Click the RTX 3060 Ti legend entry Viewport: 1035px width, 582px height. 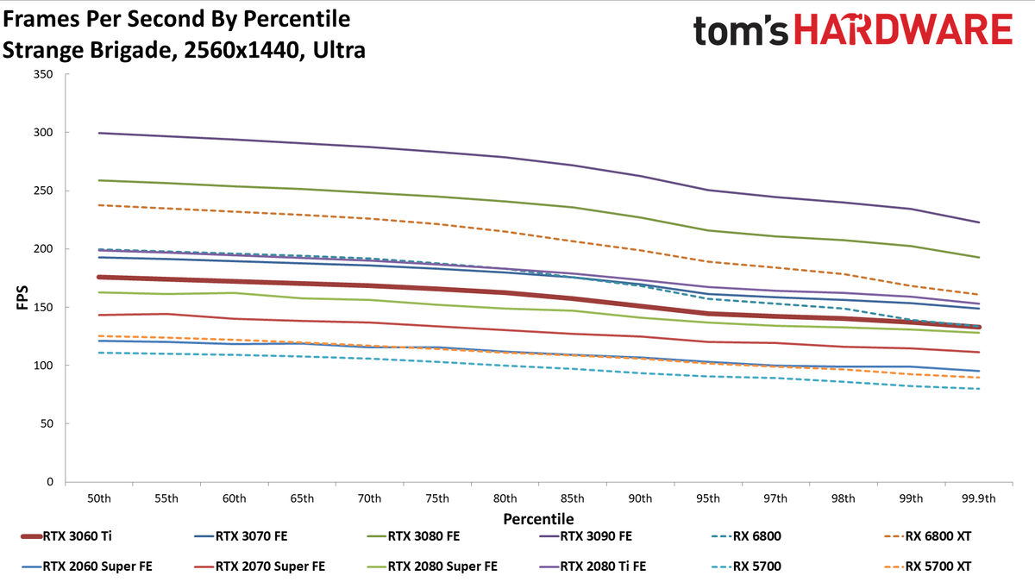(x=66, y=536)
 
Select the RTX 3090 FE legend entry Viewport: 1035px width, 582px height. (x=586, y=536)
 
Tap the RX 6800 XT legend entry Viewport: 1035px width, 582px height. (x=928, y=536)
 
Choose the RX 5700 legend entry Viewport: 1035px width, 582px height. (x=746, y=566)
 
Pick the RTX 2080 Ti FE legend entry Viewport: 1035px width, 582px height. (x=593, y=566)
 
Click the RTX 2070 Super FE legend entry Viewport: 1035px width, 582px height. (x=260, y=566)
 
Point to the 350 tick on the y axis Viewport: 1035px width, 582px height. (x=43, y=74)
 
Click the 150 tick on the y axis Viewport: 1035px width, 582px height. (x=43, y=307)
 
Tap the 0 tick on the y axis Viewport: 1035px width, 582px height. (x=50, y=482)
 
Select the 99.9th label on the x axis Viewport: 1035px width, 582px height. (x=979, y=499)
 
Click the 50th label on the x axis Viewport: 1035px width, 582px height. (x=99, y=499)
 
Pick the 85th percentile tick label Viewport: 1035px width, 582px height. (x=573, y=499)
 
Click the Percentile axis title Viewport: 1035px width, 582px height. (x=538, y=519)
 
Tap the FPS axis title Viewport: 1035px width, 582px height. (x=22, y=297)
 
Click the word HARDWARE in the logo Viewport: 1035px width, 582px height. (x=903, y=29)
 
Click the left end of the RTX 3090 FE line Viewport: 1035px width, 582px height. (x=99, y=133)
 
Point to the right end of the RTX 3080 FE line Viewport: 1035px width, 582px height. (x=979, y=257)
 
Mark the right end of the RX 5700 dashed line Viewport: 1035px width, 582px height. (x=979, y=389)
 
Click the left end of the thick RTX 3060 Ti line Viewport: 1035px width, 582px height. (x=98, y=277)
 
